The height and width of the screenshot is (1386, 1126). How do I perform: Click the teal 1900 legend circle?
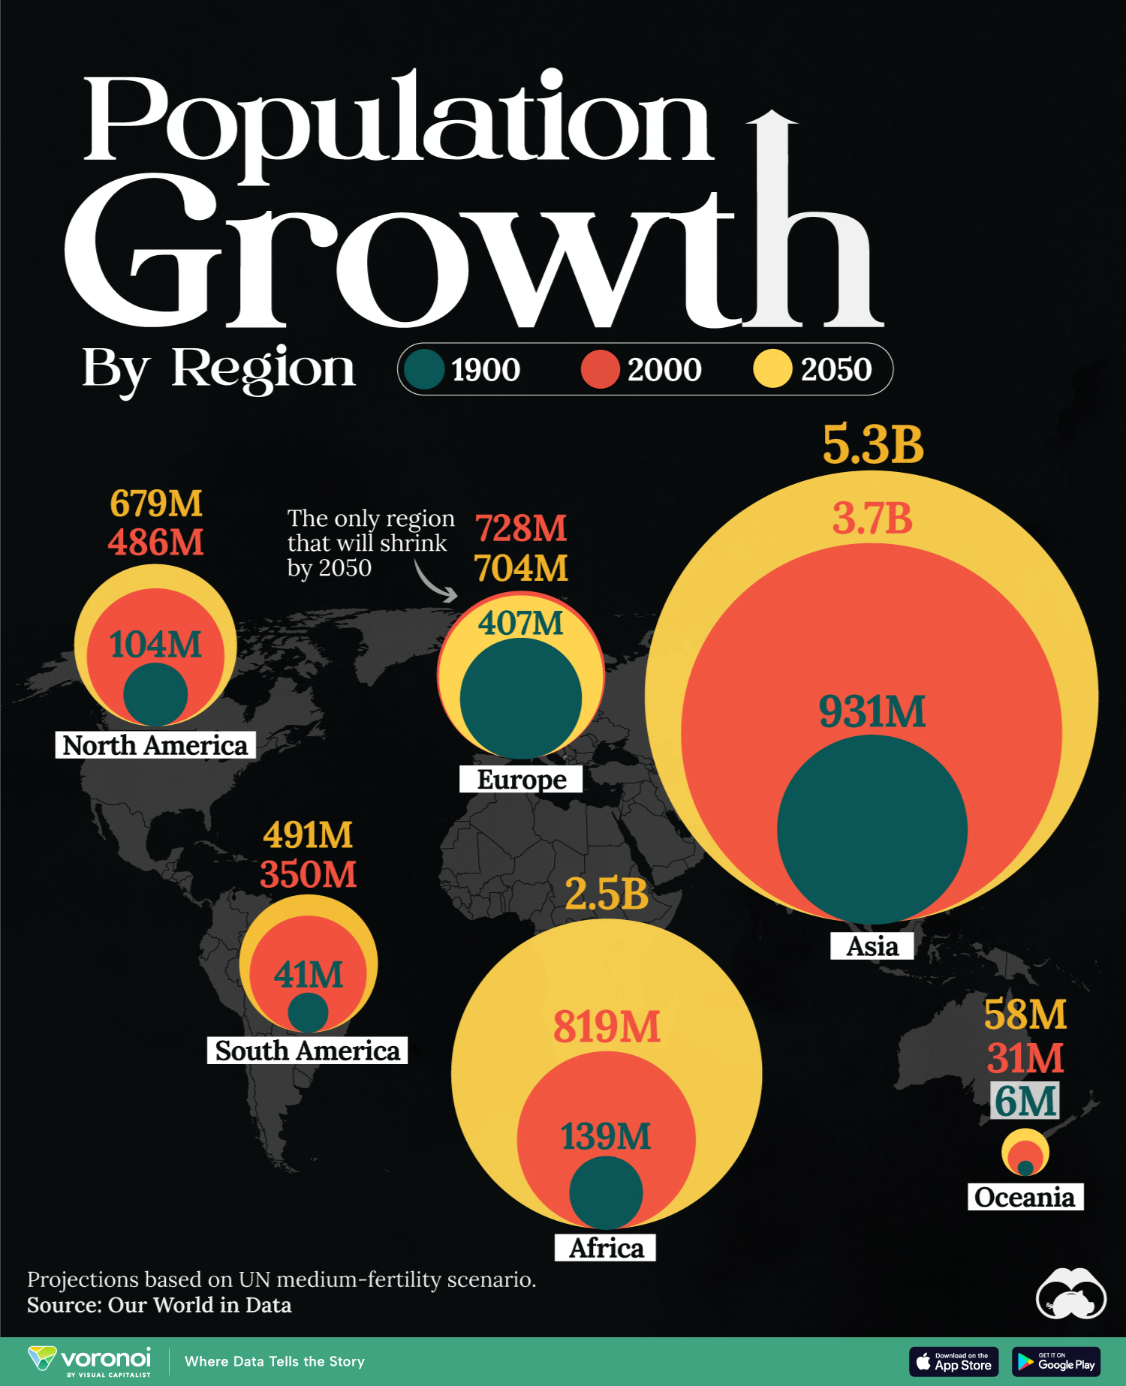424,369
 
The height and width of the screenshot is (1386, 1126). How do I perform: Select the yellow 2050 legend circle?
772,369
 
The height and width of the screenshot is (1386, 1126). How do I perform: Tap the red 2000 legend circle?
600,369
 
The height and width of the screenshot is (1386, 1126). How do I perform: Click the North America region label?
155,745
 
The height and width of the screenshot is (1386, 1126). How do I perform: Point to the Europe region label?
521,780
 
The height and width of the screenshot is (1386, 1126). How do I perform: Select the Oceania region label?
1025,1197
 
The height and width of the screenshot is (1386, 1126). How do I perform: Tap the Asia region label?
872,946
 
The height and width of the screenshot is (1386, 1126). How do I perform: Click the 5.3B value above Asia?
873,444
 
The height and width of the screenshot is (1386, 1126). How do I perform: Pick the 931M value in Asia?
872,711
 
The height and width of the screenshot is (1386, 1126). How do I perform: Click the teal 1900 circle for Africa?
606,1192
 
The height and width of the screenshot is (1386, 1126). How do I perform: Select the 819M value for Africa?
607,1027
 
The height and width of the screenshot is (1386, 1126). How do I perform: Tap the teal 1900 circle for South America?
308,1012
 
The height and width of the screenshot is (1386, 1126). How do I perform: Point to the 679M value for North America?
156,503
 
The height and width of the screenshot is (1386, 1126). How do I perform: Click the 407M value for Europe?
521,623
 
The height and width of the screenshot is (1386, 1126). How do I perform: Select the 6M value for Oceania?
1025,1101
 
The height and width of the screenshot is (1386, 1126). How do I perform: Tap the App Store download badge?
953,1361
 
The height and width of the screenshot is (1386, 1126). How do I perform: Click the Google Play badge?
1055,1361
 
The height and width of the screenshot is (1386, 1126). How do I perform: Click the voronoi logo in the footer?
90,1361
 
